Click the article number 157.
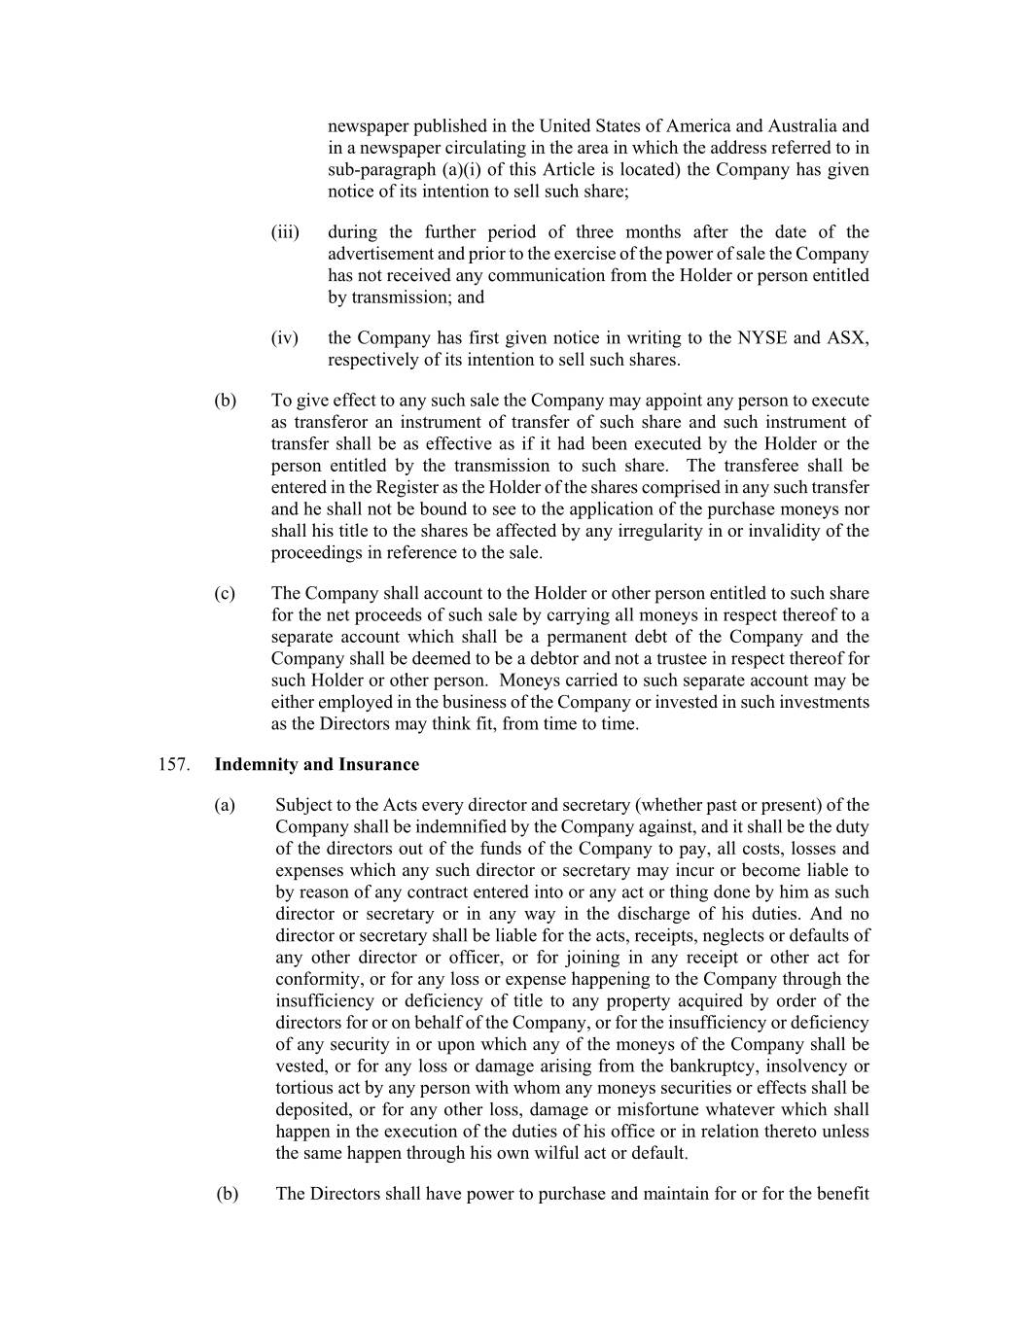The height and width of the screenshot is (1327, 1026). coord(172,764)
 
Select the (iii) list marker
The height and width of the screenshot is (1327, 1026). coord(285,232)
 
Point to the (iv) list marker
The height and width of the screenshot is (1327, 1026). coord(284,338)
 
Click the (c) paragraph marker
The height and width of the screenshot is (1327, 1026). coord(225,593)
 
